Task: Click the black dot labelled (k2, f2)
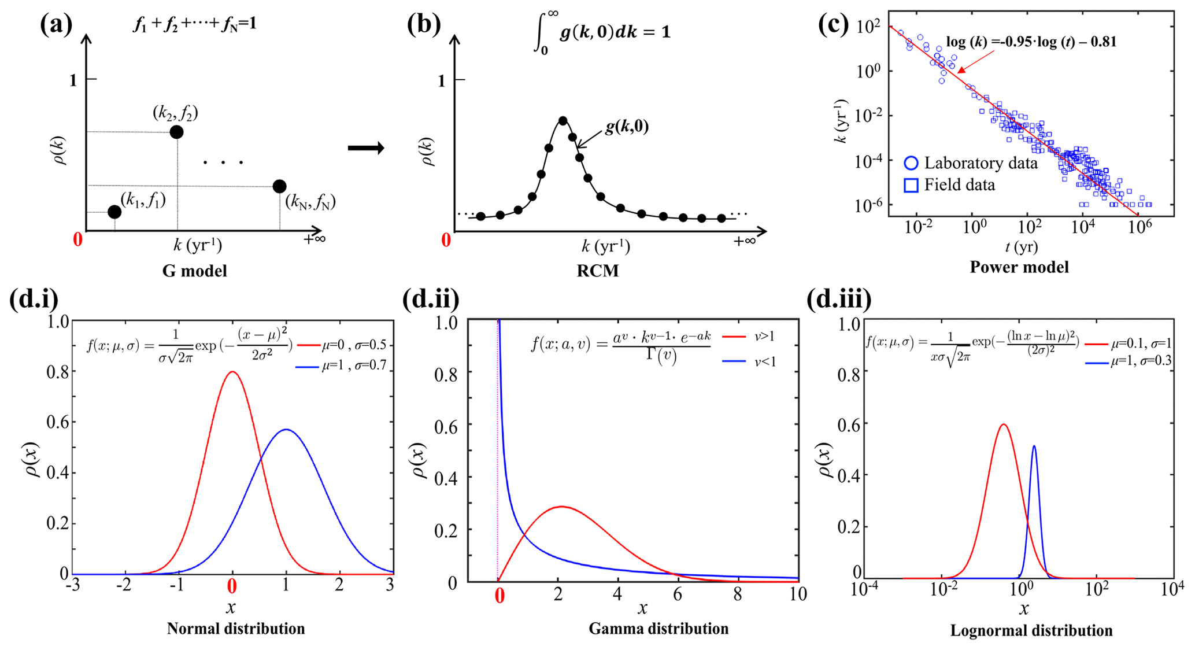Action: coord(176,132)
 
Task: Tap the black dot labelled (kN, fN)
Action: coord(279,186)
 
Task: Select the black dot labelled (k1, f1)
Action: coord(114,212)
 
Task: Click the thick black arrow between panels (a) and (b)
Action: coord(366,149)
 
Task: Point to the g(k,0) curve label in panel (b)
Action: coord(627,127)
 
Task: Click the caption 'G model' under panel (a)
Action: coord(194,271)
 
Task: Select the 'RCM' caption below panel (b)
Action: coord(598,271)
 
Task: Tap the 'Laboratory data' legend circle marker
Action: coord(911,164)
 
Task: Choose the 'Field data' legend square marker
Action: coord(911,186)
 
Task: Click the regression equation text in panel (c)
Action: coord(1031,42)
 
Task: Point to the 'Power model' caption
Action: coord(1019,267)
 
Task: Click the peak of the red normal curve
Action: coord(232,372)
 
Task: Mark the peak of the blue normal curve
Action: coord(286,430)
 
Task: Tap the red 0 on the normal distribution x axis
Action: coord(232,587)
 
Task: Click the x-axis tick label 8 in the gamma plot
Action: coord(738,594)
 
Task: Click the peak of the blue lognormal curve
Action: coord(1034,446)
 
